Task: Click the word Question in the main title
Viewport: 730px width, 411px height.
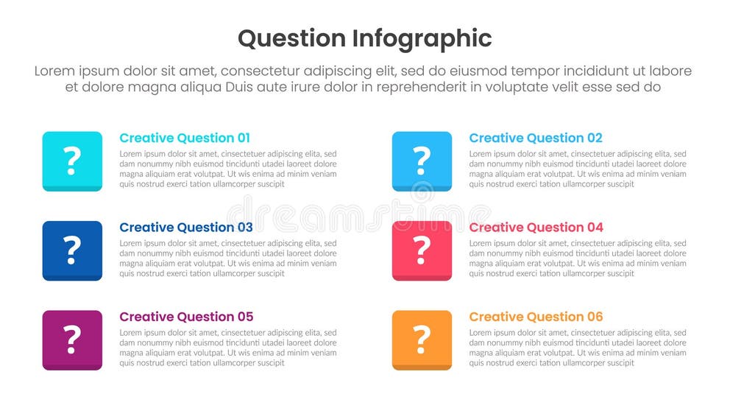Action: pyautogui.click(x=291, y=38)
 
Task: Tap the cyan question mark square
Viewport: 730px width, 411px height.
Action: pyautogui.click(x=72, y=161)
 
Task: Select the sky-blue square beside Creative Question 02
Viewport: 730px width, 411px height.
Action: pyautogui.click(x=422, y=161)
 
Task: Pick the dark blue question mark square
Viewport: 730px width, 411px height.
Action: pyautogui.click(x=72, y=250)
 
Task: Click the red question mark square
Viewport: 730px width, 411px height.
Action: pyautogui.click(x=422, y=250)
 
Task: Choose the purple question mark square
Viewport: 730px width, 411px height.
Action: pyautogui.click(x=72, y=340)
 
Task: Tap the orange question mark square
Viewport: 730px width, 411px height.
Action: pyautogui.click(x=422, y=340)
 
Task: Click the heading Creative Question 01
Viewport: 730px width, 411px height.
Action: pyautogui.click(x=185, y=138)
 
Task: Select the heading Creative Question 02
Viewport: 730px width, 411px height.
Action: pyautogui.click(x=536, y=138)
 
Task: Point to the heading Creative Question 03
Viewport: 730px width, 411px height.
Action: pyautogui.click(x=186, y=228)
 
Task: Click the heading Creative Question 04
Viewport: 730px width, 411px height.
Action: pyautogui.click(x=536, y=228)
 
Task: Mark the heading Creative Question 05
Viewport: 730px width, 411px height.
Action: pyautogui.click(x=186, y=317)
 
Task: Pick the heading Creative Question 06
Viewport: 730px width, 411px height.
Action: pyautogui.click(x=536, y=317)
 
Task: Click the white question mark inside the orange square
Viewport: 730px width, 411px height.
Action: pyautogui.click(x=422, y=339)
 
